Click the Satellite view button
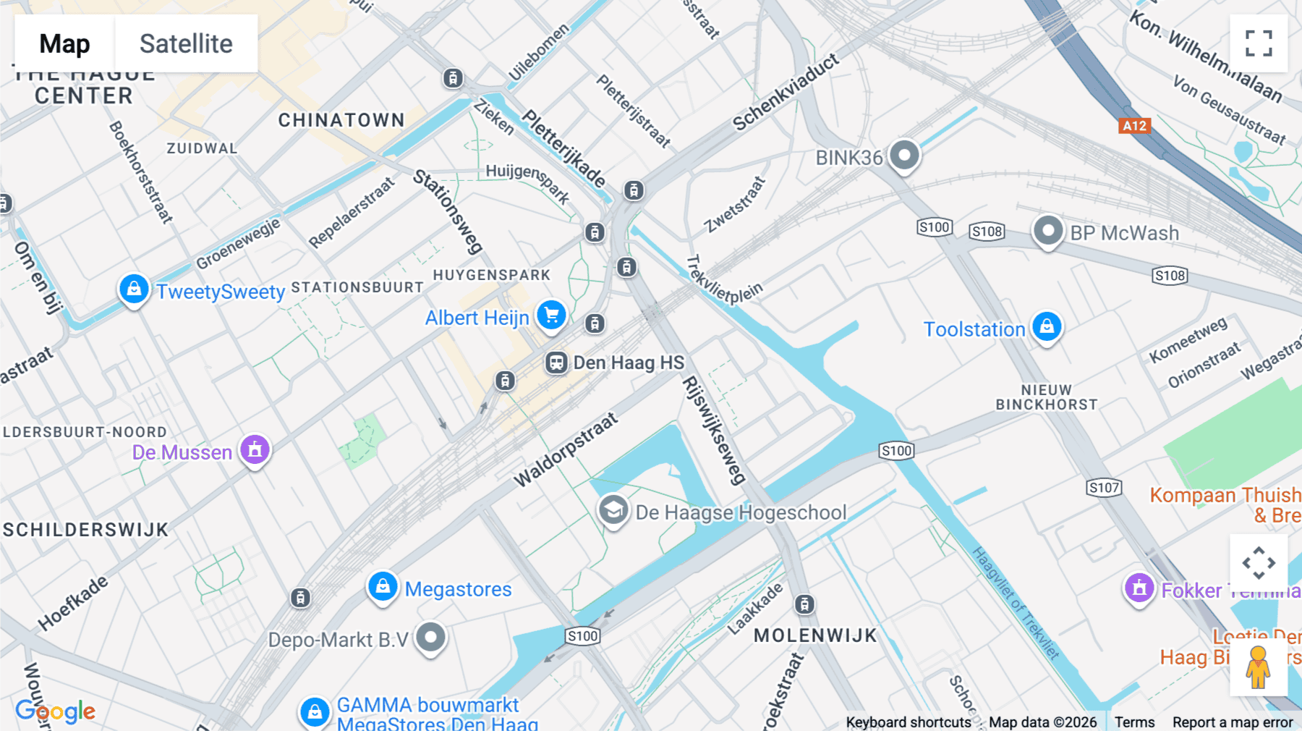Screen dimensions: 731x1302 186,43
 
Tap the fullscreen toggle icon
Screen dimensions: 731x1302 1259,43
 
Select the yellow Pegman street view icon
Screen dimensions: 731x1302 1258,667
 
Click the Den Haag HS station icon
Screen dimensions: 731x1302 556,362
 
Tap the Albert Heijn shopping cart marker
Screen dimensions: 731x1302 551,315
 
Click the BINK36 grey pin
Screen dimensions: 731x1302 904,155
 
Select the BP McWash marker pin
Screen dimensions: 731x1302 1047,232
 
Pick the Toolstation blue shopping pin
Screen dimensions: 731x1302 1047,327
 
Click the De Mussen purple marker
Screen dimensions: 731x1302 255,450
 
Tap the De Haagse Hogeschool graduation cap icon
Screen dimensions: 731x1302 613,510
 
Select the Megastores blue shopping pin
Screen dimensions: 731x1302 383,586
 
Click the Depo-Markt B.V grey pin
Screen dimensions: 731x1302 431,638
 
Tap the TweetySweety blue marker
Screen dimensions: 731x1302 134,290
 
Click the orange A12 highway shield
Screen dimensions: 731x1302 1134,126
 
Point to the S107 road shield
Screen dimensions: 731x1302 1104,488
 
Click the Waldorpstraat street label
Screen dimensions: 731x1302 566,449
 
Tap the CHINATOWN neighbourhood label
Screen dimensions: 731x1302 341,120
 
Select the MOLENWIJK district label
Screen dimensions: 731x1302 815,635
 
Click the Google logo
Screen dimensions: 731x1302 55,711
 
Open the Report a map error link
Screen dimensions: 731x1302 1233,722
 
